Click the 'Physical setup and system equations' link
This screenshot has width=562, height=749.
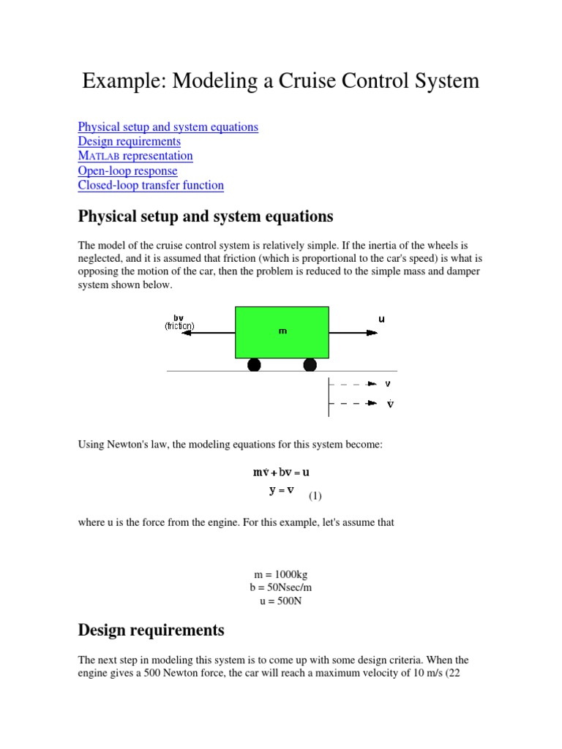tap(168, 127)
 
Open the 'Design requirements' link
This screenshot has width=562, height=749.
tap(129, 141)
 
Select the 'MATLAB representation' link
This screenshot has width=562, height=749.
tap(135, 156)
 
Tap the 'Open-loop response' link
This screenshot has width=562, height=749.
tap(127, 170)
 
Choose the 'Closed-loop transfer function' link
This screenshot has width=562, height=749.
tap(151, 185)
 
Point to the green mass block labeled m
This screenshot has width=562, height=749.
tap(282, 331)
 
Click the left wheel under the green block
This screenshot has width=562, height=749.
tap(254, 364)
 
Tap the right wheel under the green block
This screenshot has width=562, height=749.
tap(310, 364)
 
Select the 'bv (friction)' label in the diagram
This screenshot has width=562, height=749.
tap(179, 322)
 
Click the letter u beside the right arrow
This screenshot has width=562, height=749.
tap(381, 319)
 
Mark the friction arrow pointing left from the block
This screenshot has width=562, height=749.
tap(208, 333)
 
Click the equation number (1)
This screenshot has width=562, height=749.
tap(315, 496)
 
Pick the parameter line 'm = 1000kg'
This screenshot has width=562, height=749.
tap(281, 575)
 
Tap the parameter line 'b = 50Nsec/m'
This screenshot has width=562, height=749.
tap(281, 588)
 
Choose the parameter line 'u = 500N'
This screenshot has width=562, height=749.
tap(281, 601)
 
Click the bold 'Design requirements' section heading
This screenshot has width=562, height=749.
tap(151, 630)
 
